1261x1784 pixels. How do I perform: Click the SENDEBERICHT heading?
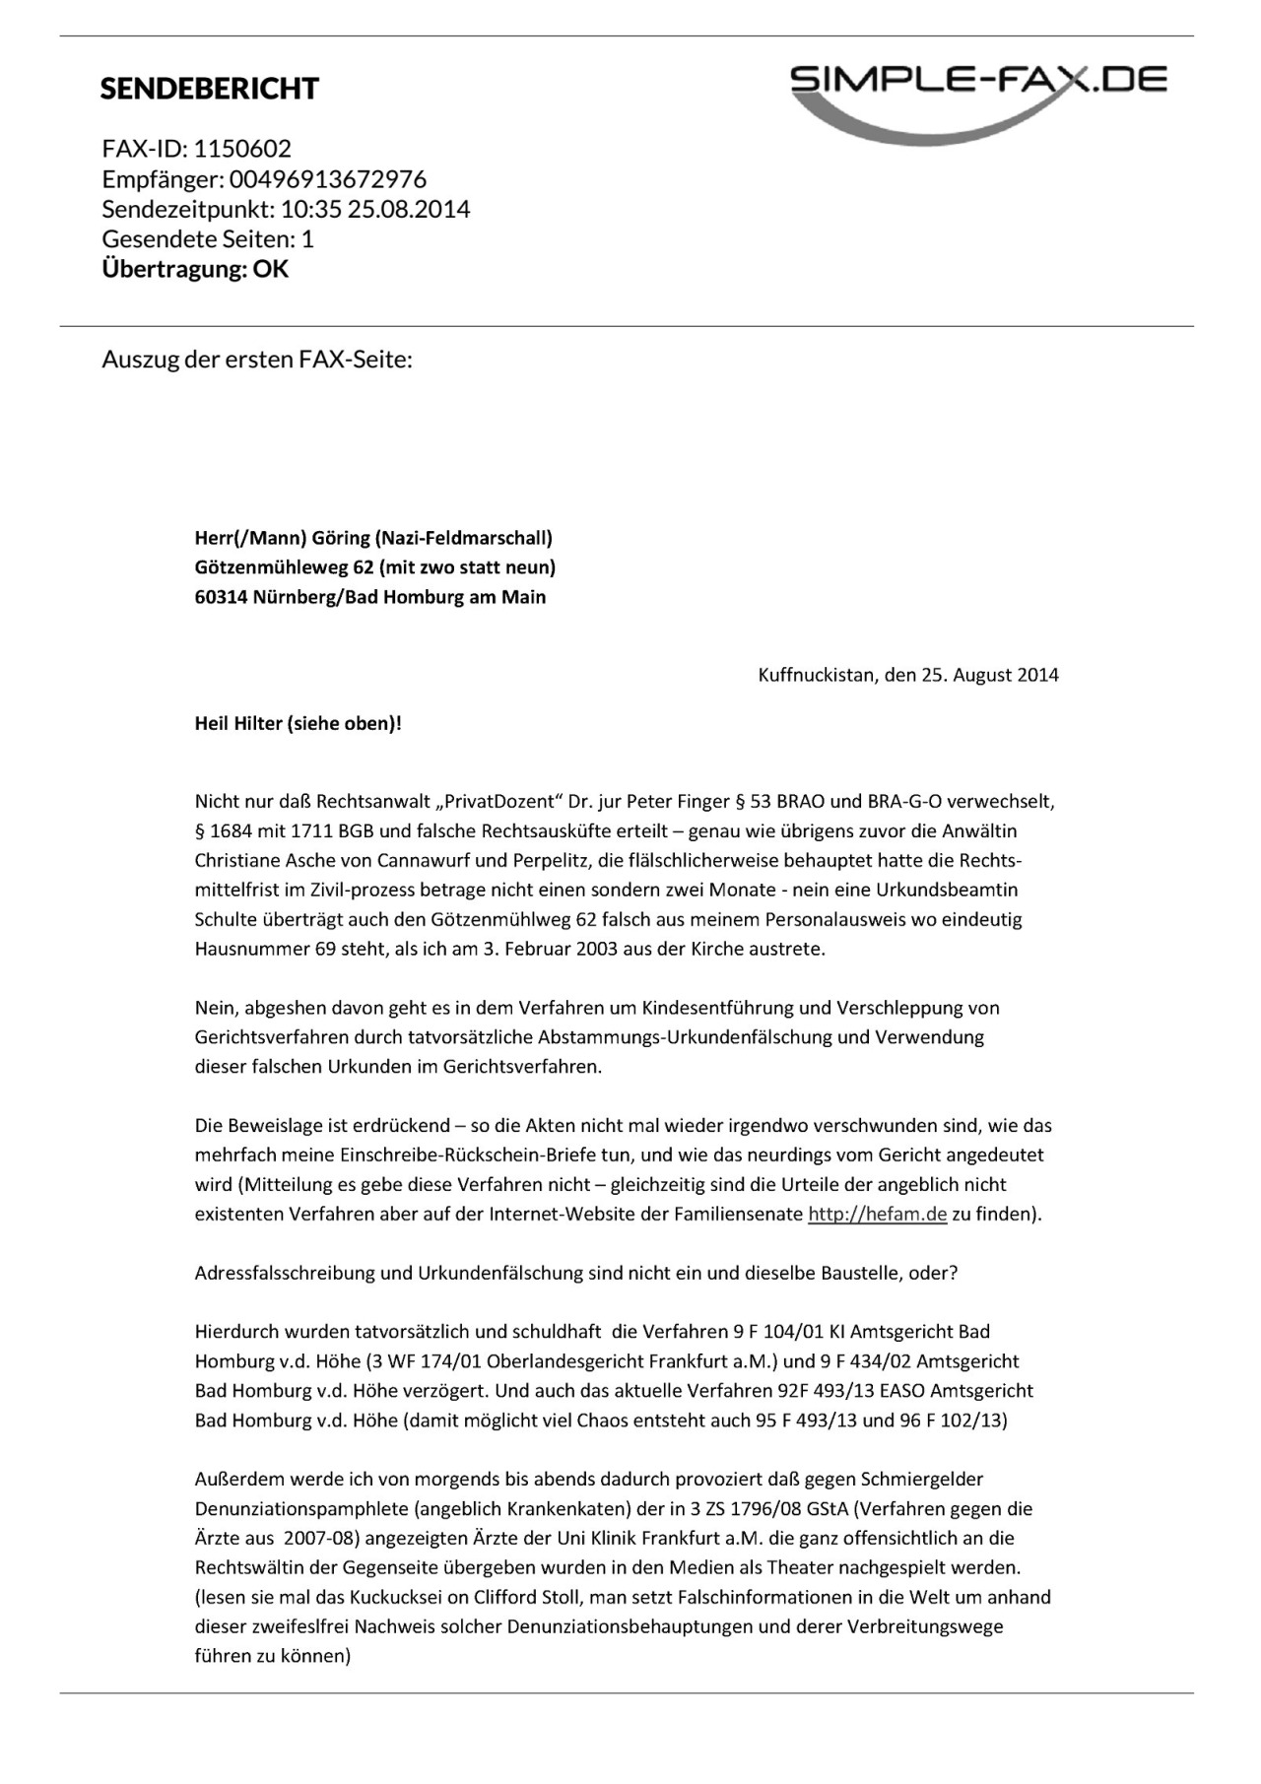coord(209,89)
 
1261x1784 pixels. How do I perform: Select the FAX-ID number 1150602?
coord(242,149)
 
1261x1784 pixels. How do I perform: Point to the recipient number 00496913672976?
coord(328,179)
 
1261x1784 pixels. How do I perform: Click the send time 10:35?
coord(310,209)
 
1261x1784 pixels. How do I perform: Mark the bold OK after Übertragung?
coord(271,269)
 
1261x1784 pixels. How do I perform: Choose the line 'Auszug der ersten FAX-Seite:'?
coord(257,360)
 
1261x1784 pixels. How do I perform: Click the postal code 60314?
coord(221,597)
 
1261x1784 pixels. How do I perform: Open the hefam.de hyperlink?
coord(877,1215)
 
